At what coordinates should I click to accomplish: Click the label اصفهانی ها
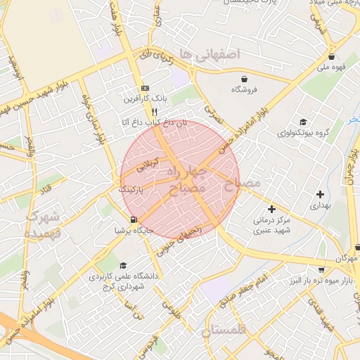pyautogui.click(x=210, y=54)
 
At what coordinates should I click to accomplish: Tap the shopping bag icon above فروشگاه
pyautogui.click(x=243, y=79)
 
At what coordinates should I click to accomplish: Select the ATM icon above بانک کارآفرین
pyautogui.click(x=145, y=88)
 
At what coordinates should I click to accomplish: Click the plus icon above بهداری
pyautogui.click(x=321, y=194)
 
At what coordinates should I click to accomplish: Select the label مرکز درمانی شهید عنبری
pyautogui.click(x=271, y=224)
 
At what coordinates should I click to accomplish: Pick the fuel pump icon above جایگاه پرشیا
pyautogui.click(x=134, y=219)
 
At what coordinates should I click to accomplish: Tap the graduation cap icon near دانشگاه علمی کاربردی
pyautogui.click(x=124, y=266)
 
